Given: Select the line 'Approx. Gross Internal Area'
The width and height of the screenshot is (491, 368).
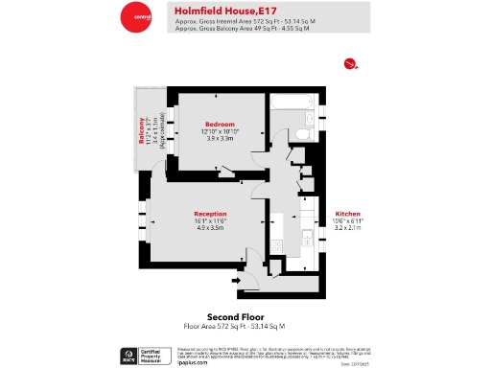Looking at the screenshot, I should (x=244, y=22).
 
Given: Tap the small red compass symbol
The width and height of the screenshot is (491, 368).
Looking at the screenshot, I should (x=350, y=64).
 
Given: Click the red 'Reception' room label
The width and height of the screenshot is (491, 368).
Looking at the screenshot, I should (x=210, y=214).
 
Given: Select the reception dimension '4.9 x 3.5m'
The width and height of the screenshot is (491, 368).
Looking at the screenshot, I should (x=210, y=228).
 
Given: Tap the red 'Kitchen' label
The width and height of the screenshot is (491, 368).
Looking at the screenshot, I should (x=346, y=214).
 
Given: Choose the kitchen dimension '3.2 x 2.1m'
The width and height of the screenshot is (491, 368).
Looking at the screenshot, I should (x=346, y=228).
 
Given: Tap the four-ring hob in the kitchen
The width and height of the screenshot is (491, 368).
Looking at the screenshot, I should (x=276, y=244).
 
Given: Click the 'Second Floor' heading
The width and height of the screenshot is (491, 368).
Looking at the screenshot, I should (x=236, y=317).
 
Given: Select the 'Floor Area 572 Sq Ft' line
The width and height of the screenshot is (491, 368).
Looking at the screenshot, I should (x=236, y=327).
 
